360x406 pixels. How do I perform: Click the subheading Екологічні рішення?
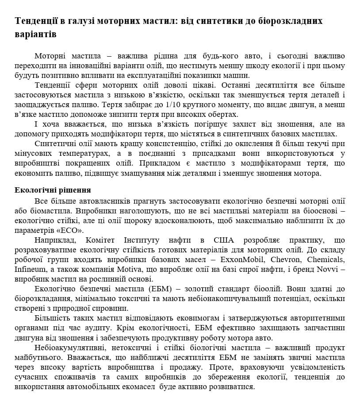click(x=53, y=190)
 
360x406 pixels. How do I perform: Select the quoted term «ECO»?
click(x=69, y=230)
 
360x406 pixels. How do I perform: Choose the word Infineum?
click(x=30, y=269)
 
